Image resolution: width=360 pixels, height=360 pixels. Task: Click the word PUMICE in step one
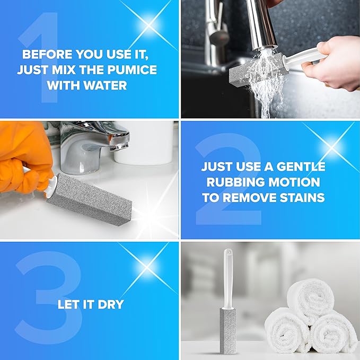pyautogui.click(x=132, y=70)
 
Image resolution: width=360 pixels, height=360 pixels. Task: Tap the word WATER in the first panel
pyautogui.click(x=105, y=85)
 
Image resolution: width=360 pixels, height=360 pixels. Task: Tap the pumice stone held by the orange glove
pyautogui.click(x=90, y=200)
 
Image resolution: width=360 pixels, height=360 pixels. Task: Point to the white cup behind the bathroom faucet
pyautogui.click(x=144, y=144)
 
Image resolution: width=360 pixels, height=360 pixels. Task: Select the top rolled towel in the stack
pyautogui.click(x=310, y=298)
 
